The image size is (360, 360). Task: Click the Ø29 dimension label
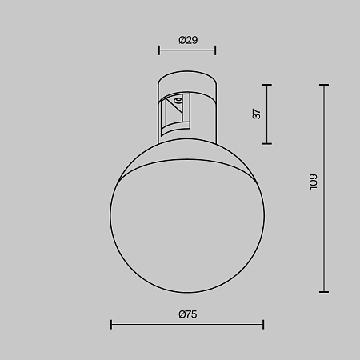pyautogui.click(x=187, y=39)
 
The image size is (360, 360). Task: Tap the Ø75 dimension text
pyautogui.click(x=188, y=314)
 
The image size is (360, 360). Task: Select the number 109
pyautogui.click(x=314, y=182)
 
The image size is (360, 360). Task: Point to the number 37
pyautogui.click(x=257, y=114)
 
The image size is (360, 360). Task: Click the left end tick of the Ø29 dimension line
pyautogui.click(x=158, y=51)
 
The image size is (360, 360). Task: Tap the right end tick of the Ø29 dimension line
pyautogui.click(x=216, y=51)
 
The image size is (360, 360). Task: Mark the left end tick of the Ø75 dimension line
pyautogui.click(x=111, y=324)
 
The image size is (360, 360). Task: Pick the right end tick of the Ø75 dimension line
pyautogui.click(x=263, y=324)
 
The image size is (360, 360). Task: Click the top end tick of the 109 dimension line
pyautogui.click(x=324, y=84)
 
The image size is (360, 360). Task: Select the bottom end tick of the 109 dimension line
pyautogui.click(x=324, y=291)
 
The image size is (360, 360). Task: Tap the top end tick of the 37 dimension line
pyautogui.click(x=266, y=84)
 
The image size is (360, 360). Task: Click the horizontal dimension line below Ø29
pyautogui.click(x=187, y=51)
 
